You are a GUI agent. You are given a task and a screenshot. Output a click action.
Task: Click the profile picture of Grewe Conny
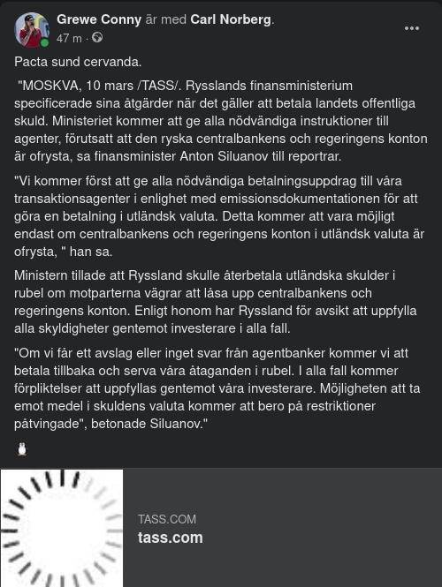(32, 29)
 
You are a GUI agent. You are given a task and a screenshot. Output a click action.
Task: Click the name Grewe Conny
(99, 19)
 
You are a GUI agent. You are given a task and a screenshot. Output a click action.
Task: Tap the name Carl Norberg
(232, 19)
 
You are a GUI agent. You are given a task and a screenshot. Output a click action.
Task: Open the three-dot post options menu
(412, 28)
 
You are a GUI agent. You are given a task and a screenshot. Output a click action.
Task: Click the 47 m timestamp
(69, 38)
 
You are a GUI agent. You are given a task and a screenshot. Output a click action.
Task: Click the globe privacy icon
(97, 38)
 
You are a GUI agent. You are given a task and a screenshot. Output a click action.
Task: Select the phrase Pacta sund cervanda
(78, 62)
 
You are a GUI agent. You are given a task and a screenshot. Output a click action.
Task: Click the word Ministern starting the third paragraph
(42, 275)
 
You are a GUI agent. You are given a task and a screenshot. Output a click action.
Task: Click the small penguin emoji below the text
(22, 449)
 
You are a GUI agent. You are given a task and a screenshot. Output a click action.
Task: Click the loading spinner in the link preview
(61, 528)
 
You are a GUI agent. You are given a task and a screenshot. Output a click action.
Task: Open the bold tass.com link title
(171, 538)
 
